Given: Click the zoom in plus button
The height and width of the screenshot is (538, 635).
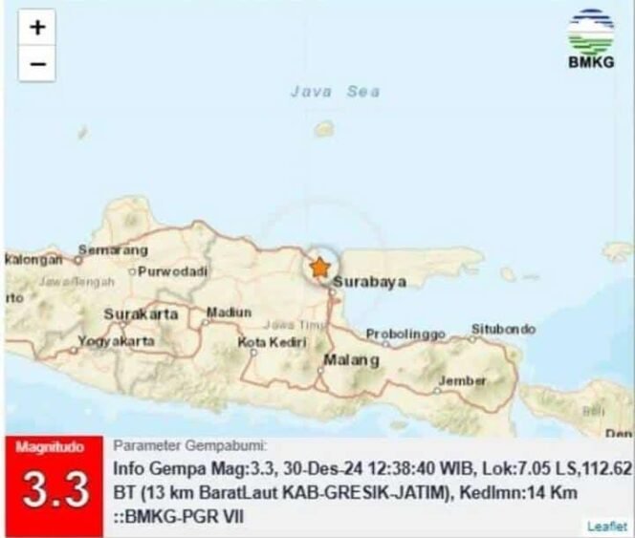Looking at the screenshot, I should (36, 28).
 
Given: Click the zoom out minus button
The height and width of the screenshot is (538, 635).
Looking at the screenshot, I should (36, 63).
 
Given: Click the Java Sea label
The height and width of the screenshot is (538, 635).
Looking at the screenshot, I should (335, 92).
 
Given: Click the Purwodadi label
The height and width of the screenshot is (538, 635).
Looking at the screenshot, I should (172, 271).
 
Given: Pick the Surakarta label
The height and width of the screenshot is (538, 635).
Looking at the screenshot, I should (141, 313).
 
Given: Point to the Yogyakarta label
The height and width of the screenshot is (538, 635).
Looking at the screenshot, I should (117, 340).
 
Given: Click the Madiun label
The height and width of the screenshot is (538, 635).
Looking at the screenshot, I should (230, 312).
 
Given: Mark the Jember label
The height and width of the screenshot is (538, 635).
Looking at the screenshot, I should (462, 380).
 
